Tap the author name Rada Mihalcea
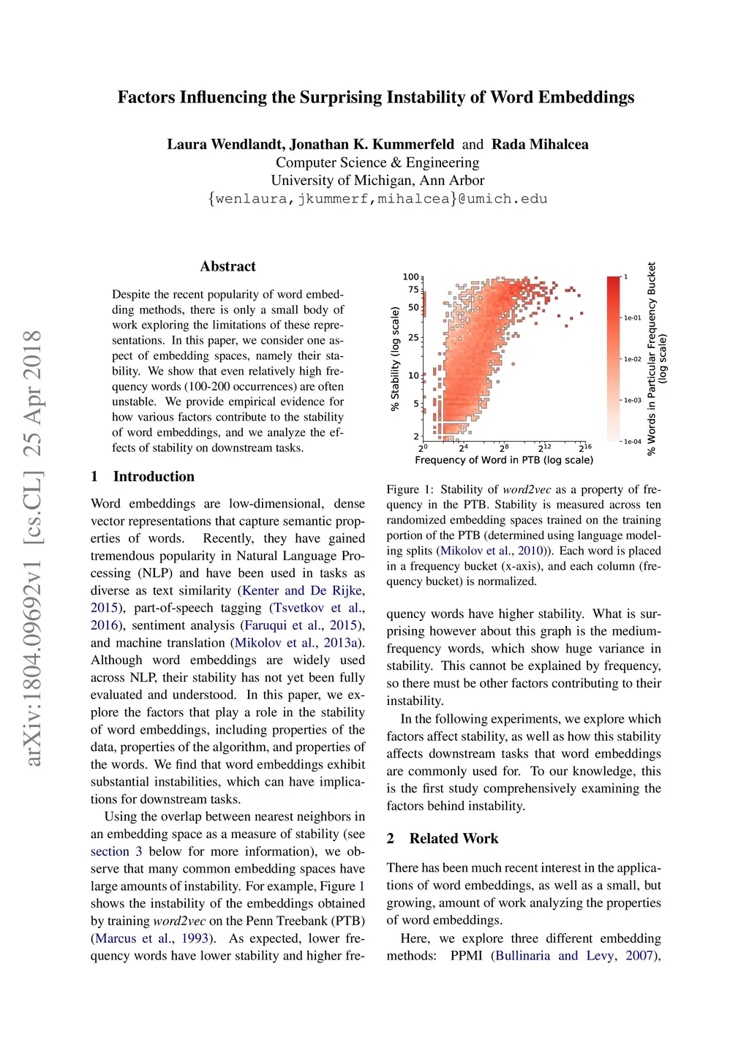click(540, 144)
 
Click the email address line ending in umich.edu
click(377, 199)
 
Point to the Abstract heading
click(228, 266)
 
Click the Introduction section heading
click(154, 477)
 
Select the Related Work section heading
click(453, 839)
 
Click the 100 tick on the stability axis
click(411, 277)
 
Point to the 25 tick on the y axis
click(413, 338)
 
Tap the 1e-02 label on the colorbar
click(632, 359)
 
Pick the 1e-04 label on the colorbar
click(632, 442)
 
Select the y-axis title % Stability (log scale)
click(395, 358)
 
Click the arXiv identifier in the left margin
click(33, 549)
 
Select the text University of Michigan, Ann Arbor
click(377, 181)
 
